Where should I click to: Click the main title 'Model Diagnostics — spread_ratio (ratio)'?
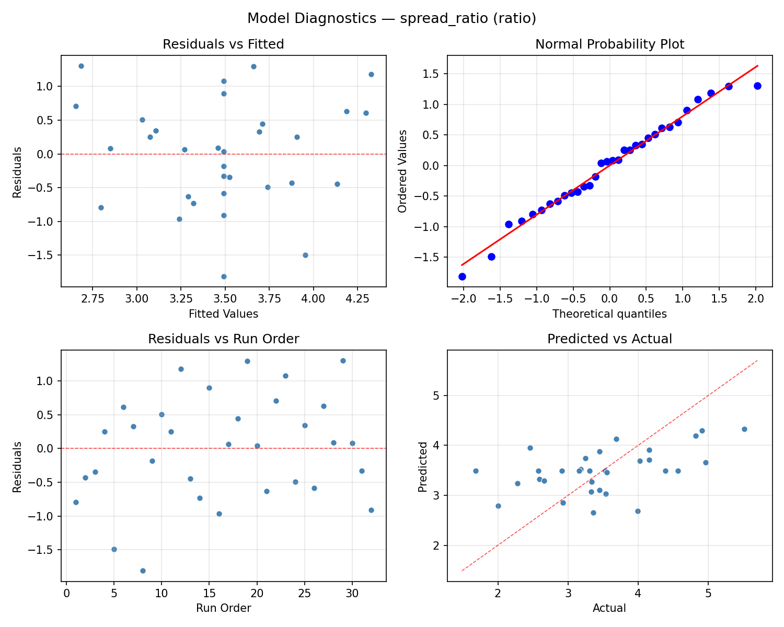pos(391,18)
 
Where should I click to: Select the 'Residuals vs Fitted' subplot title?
pos(223,44)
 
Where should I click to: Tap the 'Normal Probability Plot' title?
pos(609,44)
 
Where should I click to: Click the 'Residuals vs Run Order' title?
pos(223,339)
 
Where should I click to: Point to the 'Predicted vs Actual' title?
pos(609,339)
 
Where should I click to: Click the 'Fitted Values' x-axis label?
pos(223,314)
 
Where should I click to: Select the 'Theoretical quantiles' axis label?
pos(609,314)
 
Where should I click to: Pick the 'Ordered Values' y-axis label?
pos(402,171)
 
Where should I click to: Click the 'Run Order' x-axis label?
pos(223,608)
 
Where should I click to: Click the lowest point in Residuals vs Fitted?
pos(224,276)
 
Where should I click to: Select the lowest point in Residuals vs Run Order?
pos(143,571)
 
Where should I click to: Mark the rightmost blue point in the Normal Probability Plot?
pos(757,86)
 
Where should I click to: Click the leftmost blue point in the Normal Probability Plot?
pos(462,276)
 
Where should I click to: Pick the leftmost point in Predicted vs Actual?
pos(476,471)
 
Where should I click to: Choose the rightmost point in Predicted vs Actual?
pos(744,429)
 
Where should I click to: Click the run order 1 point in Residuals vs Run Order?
pos(76,502)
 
